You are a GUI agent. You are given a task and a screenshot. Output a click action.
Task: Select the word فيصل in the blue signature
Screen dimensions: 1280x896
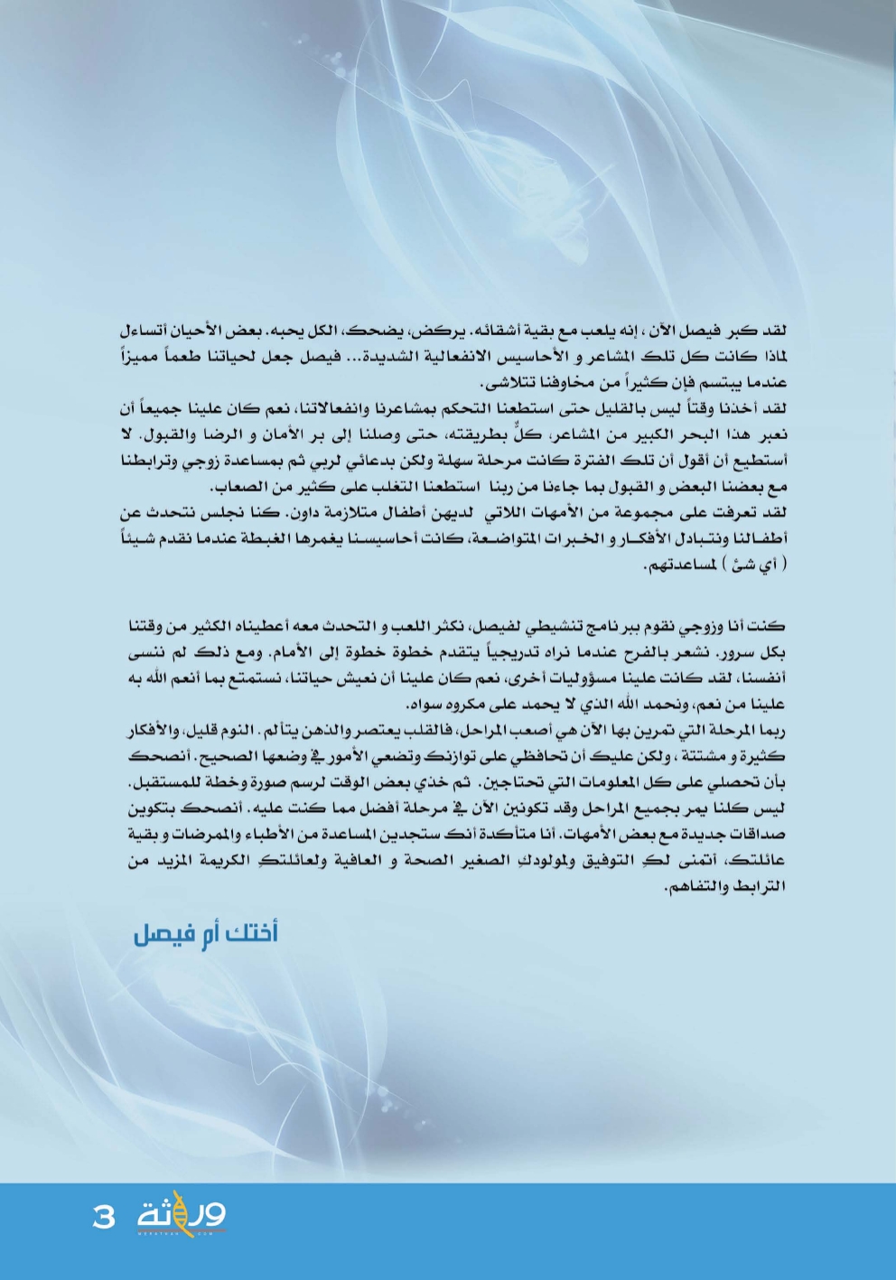(159, 933)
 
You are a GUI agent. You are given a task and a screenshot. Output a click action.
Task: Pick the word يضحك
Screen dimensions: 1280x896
(356, 331)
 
